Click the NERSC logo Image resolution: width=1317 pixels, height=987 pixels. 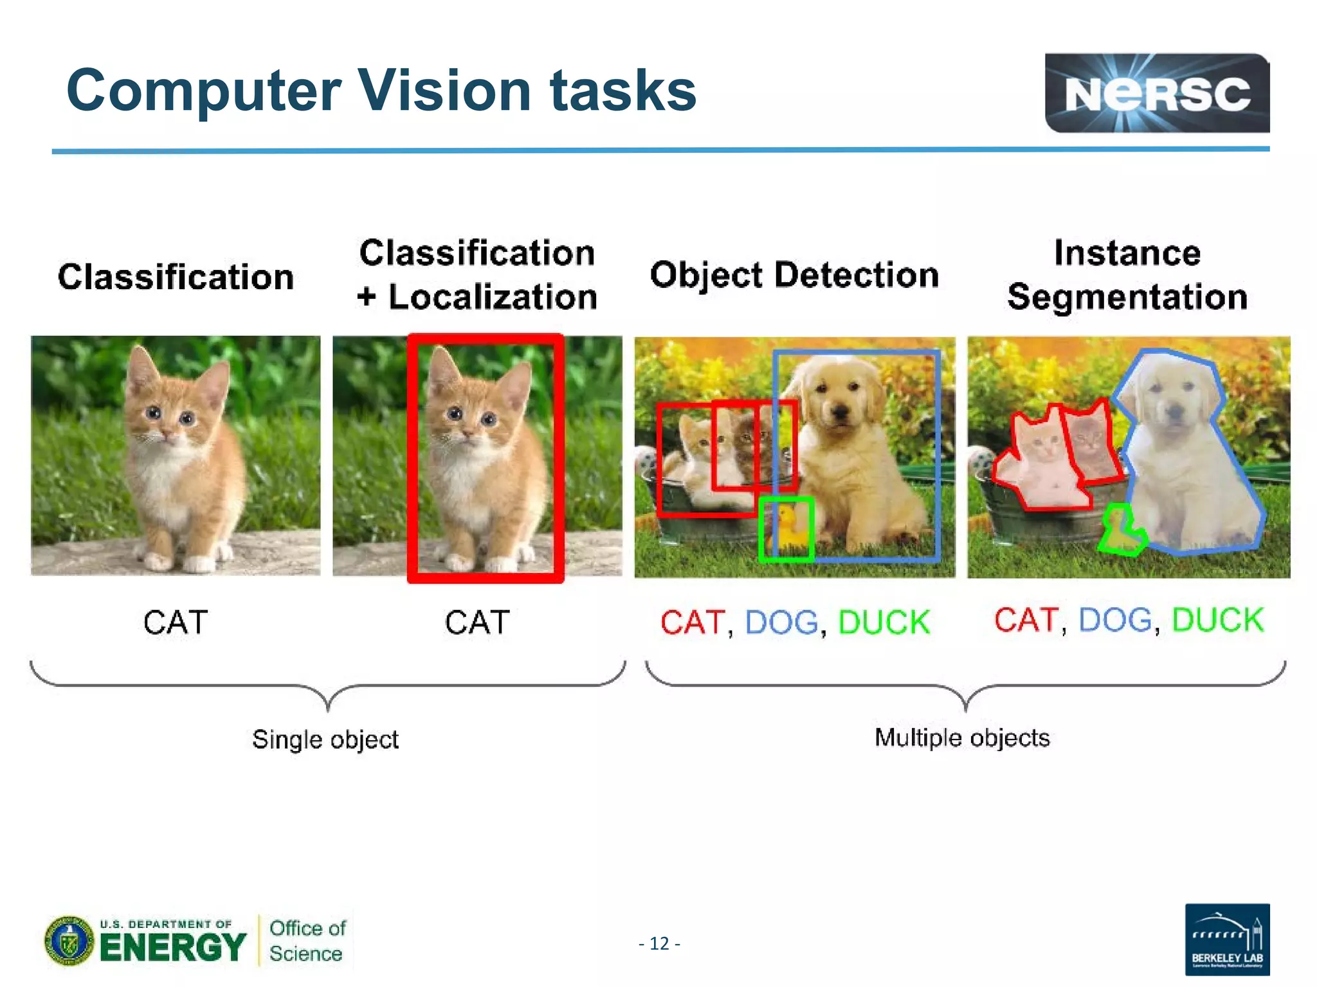[1156, 94]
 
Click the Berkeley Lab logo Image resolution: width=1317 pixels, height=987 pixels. [1227, 939]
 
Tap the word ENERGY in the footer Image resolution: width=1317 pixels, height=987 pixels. [172, 947]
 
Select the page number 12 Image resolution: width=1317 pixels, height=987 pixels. [659, 943]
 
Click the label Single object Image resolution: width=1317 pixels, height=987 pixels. [325, 739]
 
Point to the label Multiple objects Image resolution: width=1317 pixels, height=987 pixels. [962, 737]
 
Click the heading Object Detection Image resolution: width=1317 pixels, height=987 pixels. [794, 275]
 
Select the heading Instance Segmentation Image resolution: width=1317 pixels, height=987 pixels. [1127, 275]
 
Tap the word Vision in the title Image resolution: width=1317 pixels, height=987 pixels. [444, 91]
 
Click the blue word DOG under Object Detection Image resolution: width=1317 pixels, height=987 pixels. [781, 622]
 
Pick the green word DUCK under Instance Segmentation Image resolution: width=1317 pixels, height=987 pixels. [1217, 620]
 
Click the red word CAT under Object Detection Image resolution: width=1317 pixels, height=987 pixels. [692, 622]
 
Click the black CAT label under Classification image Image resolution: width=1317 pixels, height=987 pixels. [176, 622]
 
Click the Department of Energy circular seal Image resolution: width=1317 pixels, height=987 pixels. [69, 941]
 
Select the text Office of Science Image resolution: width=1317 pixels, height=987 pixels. [307, 941]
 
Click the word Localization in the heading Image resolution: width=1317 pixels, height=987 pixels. [493, 297]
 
